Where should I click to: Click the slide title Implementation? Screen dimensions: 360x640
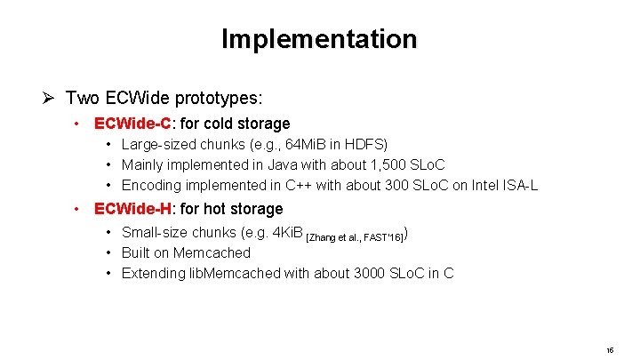[x=319, y=39]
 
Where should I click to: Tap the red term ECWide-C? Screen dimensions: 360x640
[x=132, y=124]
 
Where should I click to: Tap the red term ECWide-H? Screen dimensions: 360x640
[x=132, y=209]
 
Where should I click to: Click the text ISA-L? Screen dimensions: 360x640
[x=520, y=185]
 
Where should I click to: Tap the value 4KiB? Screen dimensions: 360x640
[x=284, y=233]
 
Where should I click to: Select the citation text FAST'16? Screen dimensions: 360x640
[x=384, y=236]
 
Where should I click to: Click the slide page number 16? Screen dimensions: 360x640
[x=610, y=351]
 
